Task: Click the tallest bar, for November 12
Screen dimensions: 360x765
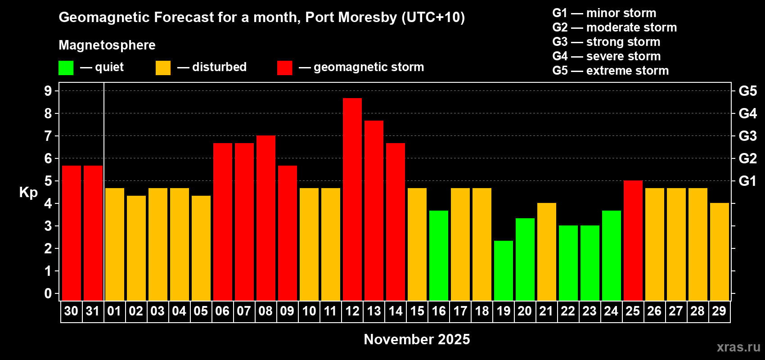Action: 352,199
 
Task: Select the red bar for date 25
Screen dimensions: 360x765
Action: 633,240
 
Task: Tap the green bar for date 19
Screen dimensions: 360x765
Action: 504,270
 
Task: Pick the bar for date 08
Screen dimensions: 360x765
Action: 266,218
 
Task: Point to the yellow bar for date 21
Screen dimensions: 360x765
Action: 547,252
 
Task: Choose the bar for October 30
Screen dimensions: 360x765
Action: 72,233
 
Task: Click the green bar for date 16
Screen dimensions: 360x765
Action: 439,255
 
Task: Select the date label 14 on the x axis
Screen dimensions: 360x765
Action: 396,311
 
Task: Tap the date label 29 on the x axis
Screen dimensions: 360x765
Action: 719,311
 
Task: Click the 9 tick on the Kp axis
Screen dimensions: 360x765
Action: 48,91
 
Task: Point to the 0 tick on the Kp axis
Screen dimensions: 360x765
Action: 48,293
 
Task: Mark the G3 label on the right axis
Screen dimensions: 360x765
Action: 747,136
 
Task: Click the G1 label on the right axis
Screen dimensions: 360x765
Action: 747,181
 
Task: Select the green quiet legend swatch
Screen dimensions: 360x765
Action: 66,68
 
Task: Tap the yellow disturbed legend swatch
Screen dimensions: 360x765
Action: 163,68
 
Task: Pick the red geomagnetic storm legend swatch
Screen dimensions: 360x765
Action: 284,68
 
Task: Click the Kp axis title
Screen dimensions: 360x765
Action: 28,193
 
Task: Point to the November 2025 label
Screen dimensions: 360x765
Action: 417,339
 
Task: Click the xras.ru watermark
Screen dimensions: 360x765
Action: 738,347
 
